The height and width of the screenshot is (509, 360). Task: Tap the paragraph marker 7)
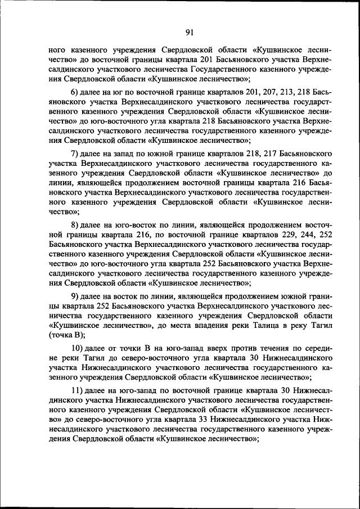click(x=75, y=153)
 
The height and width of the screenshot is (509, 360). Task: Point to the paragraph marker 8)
click(x=75, y=223)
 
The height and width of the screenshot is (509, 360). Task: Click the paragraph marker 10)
click(x=77, y=347)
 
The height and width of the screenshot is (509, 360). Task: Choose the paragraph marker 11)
click(x=77, y=391)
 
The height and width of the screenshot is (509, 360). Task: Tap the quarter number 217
click(x=266, y=153)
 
